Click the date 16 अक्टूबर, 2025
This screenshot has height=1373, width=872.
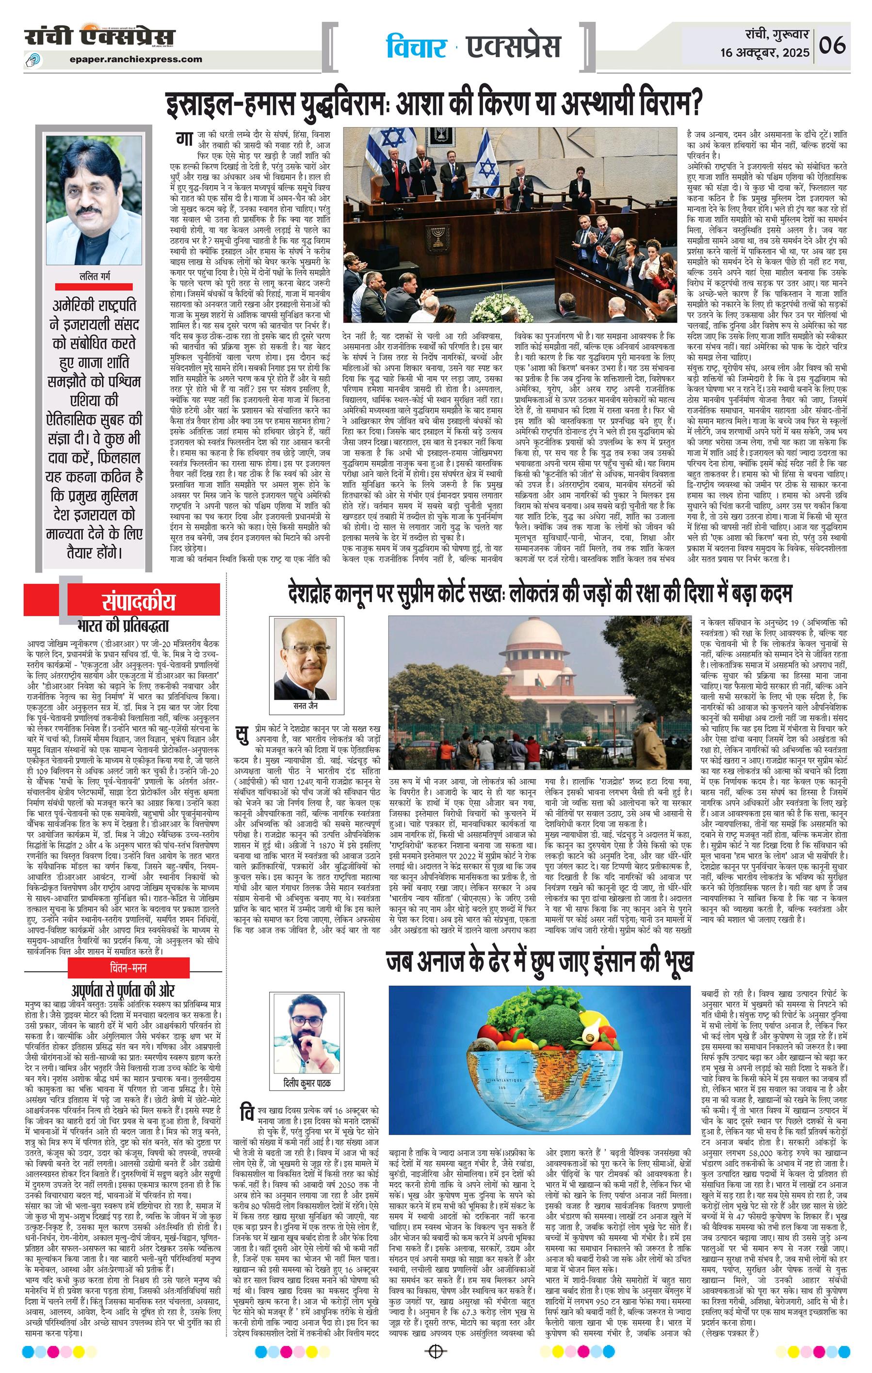point(764,53)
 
